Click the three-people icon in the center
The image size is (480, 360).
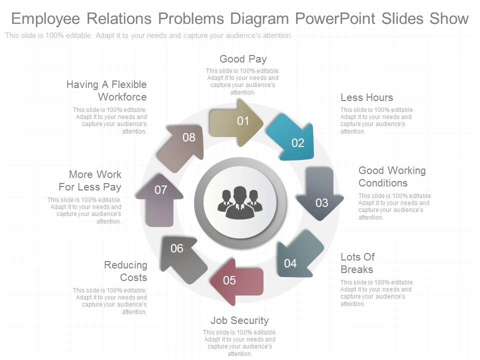tap(240, 202)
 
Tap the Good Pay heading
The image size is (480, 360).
tap(243, 59)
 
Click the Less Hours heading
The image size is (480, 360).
tap(366, 97)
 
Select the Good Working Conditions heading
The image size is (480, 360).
tap(392, 176)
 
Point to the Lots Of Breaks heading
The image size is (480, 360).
tap(357, 263)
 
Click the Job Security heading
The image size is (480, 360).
tap(239, 320)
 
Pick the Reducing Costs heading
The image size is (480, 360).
tap(126, 271)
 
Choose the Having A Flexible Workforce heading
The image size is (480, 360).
tap(107, 90)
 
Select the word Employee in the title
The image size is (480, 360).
tap(45, 18)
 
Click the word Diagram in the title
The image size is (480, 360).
tap(259, 18)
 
